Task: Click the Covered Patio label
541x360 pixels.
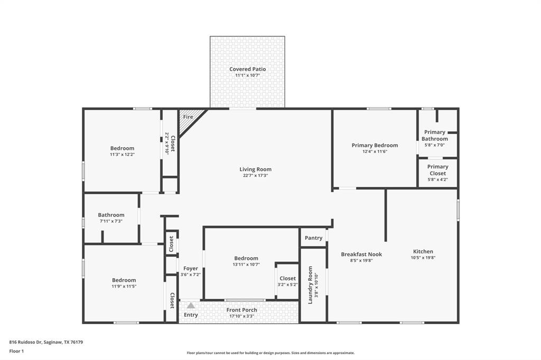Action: pos(247,69)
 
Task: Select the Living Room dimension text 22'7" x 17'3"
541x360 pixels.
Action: pos(255,176)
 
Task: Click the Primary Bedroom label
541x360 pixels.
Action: pos(375,145)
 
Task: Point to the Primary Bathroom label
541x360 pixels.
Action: pos(434,136)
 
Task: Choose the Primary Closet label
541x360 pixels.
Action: pos(437,170)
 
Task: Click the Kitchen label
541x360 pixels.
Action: pos(423,252)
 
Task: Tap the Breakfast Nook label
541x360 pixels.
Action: pos(361,254)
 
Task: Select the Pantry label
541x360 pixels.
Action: pos(313,238)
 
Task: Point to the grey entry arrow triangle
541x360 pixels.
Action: pos(191,305)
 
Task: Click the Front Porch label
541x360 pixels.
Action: pos(241,310)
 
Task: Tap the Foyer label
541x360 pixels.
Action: pos(190,269)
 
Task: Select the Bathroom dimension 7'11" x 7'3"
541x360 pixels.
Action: pos(111,221)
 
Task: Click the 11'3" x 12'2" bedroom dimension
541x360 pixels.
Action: pos(122,155)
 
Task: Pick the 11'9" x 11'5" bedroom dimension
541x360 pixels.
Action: pos(124,286)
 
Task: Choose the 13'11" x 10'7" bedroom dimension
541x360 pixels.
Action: pos(246,264)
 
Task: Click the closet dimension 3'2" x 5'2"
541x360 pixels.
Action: pos(287,285)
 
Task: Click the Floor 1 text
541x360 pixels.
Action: pos(16,351)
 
